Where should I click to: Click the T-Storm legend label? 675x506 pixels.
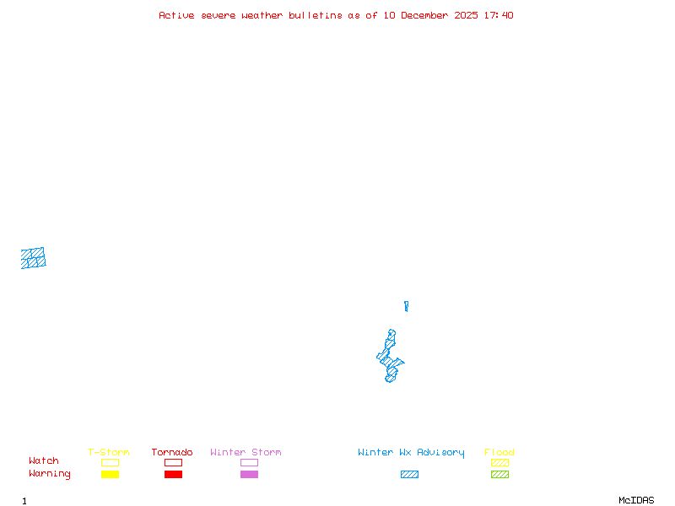(x=109, y=453)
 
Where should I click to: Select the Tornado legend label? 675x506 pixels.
(x=172, y=453)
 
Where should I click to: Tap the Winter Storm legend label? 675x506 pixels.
(x=246, y=453)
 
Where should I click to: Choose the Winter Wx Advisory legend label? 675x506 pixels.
(x=411, y=453)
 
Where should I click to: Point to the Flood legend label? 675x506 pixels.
(x=499, y=453)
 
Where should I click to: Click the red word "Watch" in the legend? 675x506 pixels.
(x=44, y=461)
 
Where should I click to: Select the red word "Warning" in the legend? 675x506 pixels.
(x=50, y=474)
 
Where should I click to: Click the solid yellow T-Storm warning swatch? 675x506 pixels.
(x=110, y=475)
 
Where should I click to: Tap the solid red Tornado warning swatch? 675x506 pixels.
(x=173, y=475)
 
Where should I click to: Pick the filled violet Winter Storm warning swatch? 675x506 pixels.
(x=249, y=475)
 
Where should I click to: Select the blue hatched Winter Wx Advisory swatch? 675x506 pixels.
(x=409, y=475)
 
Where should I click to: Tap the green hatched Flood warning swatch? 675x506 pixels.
(x=499, y=475)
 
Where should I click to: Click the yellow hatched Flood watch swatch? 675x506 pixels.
(x=499, y=462)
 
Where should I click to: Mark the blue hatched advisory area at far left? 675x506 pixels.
(x=33, y=258)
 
